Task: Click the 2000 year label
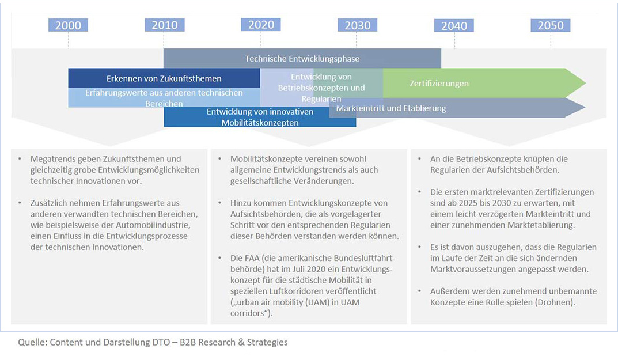(68, 25)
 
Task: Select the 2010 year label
(164, 25)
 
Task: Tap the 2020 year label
(261, 25)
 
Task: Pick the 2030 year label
(358, 25)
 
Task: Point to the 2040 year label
(454, 25)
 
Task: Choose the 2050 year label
(551, 25)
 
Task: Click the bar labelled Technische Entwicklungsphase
(302, 58)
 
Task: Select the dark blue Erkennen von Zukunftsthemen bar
(164, 78)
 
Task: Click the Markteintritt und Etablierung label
(391, 108)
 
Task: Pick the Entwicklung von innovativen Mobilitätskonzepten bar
(260, 117)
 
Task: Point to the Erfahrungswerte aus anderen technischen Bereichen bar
(164, 97)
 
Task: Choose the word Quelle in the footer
(32, 342)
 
